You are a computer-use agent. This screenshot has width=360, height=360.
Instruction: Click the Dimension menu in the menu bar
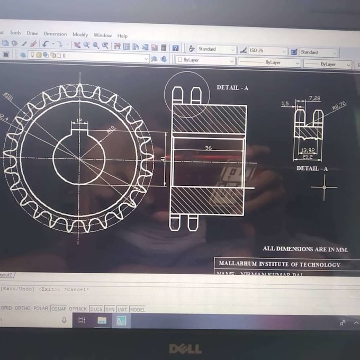[55, 34]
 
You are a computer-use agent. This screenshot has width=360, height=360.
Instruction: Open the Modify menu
[80, 35]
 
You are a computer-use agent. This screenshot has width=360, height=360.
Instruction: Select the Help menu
[122, 36]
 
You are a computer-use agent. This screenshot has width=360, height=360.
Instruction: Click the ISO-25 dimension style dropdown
[267, 51]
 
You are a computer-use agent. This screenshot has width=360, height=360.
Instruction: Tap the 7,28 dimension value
[314, 98]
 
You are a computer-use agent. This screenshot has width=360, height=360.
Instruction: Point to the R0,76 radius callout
[339, 106]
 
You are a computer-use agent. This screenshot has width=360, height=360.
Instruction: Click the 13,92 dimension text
[307, 150]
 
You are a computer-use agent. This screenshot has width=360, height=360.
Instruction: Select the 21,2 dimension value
[308, 157]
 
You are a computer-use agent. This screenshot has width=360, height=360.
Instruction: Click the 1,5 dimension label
[285, 104]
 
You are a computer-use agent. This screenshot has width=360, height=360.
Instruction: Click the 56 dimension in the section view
[208, 148]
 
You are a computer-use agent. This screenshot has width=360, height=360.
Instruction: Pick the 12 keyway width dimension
[79, 121]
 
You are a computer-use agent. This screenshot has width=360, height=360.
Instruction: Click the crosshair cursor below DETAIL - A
[323, 187]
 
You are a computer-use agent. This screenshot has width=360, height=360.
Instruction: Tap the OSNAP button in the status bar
[58, 309]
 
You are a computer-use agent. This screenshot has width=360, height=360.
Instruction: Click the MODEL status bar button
[137, 309]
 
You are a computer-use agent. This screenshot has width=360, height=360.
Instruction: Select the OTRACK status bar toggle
[78, 309]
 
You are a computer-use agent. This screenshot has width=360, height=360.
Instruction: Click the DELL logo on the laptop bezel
[185, 348]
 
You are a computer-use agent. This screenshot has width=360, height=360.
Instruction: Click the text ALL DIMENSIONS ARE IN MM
[305, 248]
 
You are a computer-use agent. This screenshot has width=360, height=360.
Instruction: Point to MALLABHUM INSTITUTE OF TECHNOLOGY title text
[280, 264]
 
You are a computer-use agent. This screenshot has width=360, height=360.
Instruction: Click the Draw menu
[32, 33]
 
